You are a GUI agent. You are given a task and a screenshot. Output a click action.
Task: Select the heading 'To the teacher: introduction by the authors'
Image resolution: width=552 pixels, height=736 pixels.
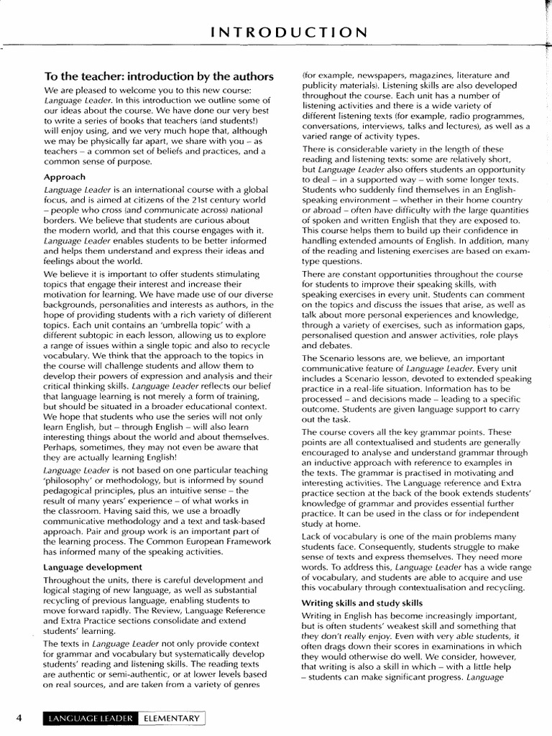[x=159, y=76]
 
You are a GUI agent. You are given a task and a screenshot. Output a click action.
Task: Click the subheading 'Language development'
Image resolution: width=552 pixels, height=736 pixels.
[x=93, y=567]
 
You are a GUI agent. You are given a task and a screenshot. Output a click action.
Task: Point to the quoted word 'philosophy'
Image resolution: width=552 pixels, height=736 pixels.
[x=75, y=480]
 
